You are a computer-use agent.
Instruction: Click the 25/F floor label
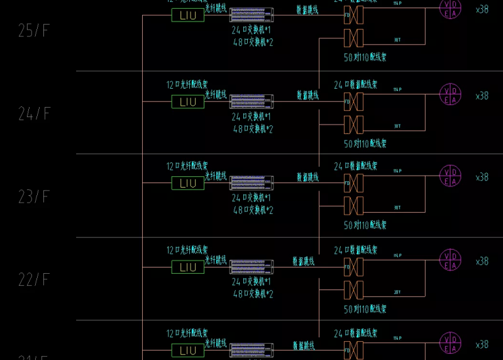click(34, 31)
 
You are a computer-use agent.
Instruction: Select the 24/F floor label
click(34, 114)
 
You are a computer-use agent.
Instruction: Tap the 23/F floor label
click(34, 197)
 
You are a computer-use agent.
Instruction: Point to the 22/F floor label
click(34, 280)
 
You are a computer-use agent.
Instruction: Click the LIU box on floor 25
click(188, 14)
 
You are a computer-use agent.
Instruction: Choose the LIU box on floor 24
click(188, 101)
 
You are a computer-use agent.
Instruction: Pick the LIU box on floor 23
click(188, 183)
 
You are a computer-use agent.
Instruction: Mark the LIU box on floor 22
click(188, 267)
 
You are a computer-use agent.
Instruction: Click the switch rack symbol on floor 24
click(251, 101)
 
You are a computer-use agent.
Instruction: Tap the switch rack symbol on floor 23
click(251, 183)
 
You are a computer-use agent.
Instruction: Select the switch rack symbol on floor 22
click(251, 266)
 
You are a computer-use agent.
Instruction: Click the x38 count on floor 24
click(482, 96)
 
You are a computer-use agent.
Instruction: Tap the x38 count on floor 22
click(482, 261)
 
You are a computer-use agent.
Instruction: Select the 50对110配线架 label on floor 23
click(365, 225)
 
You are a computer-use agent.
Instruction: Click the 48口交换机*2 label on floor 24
click(253, 129)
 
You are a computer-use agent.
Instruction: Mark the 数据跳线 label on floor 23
click(307, 177)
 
